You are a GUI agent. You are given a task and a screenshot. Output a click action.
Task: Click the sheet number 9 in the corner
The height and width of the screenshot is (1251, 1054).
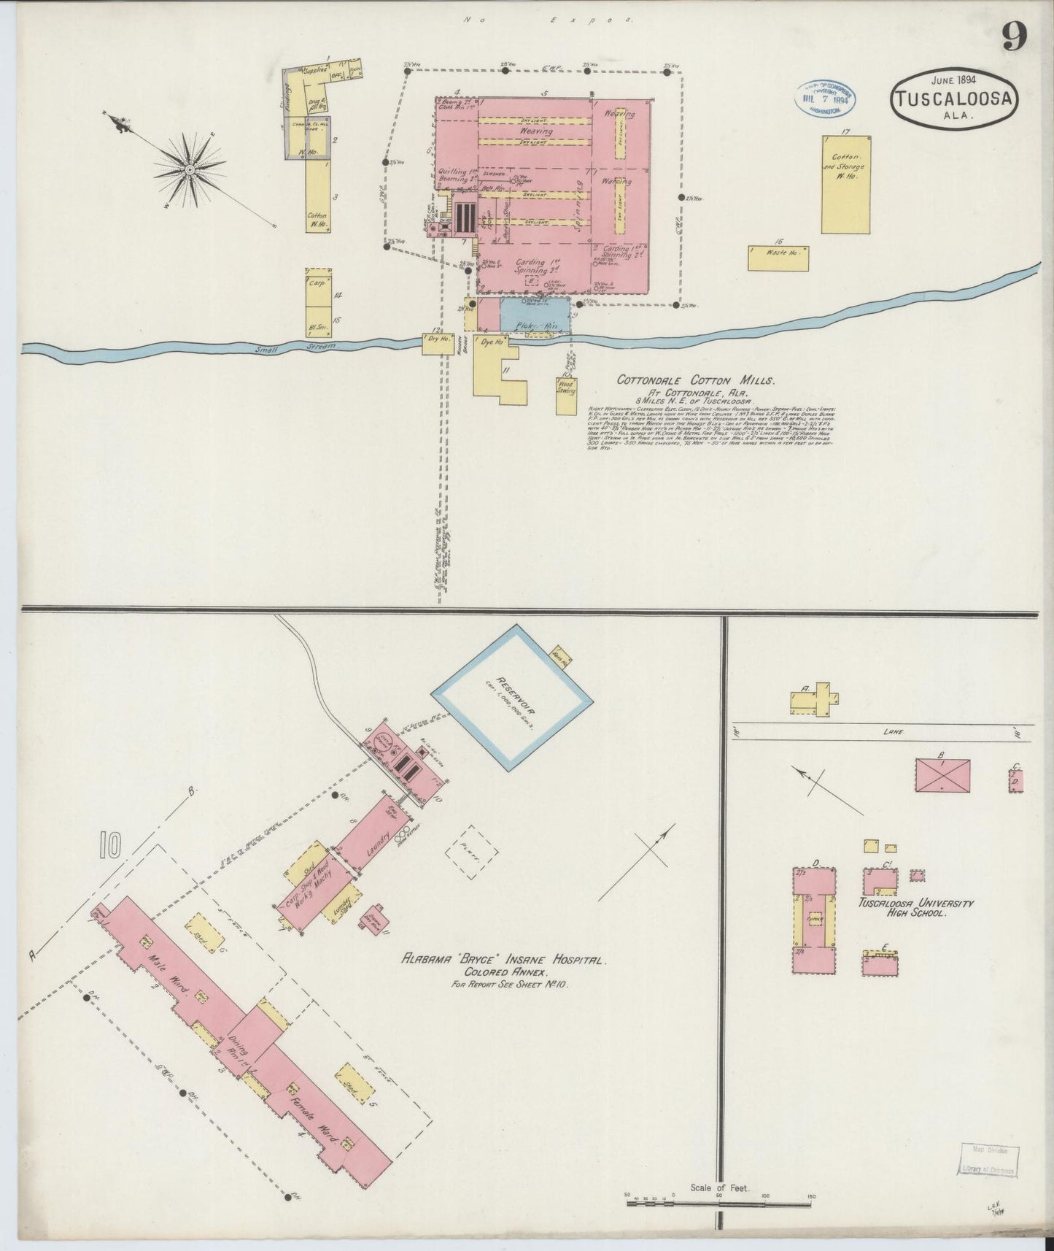click(1015, 36)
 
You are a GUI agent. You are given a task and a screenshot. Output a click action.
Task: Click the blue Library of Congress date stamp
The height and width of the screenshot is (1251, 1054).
click(825, 97)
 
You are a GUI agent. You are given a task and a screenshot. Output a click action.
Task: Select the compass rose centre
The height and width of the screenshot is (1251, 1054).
click(190, 169)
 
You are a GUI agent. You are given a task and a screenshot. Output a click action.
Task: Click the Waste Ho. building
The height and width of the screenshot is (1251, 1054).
click(778, 257)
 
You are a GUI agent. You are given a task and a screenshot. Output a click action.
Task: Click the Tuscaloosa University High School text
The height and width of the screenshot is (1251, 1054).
click(916, 907)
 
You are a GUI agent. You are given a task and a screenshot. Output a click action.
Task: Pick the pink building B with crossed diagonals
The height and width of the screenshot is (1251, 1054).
click(943, 775)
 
